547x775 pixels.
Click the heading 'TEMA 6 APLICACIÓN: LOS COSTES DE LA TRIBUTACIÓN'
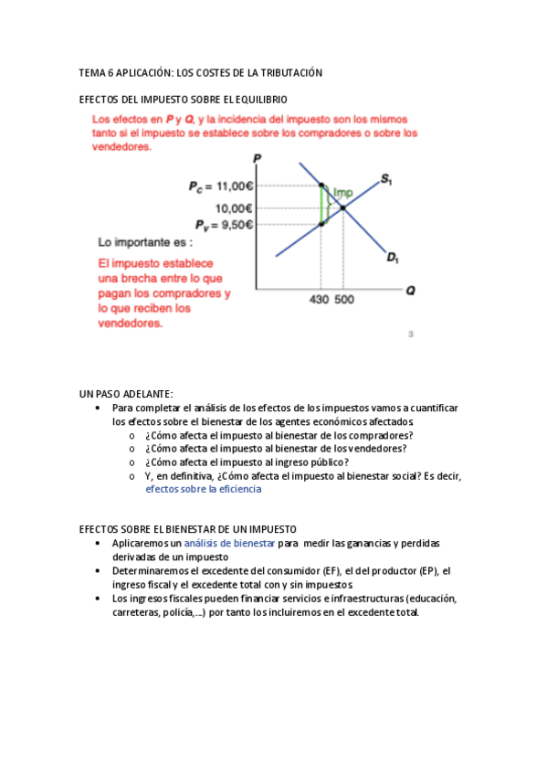click(x=201, y=72)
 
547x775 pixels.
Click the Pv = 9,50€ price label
click(x=223, y=224)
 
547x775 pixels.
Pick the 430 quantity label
click(x=320, y=300)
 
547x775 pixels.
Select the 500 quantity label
click(x=344, y=300)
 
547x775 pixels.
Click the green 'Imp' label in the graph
click(x=342, y=192)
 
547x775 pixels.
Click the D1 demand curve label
click(x=393, y=259)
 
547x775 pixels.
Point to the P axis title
click(x=258, y=158)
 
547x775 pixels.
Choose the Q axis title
click(x=410, y=291)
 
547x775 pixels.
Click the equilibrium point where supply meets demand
click(x=343, y=208)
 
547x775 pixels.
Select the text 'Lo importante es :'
click(x=145, y=243)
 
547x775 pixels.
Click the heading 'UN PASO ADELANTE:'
click(x=126, y=393)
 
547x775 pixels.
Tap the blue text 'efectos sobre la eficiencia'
click(x=203, y=489)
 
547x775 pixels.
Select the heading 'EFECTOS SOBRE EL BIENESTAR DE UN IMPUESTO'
click(x=187, y=529)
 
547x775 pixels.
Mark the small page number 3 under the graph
click(x=411, y=334)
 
